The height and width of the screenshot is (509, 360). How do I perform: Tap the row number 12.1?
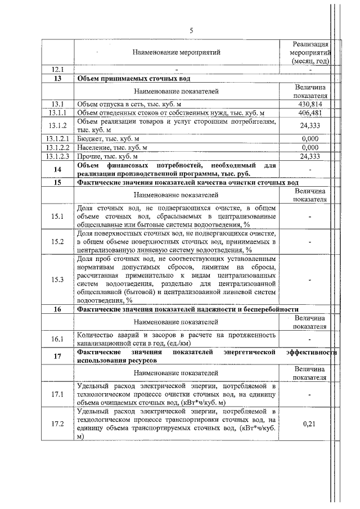pos(57,70)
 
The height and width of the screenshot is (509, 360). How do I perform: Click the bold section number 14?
pos(57,169)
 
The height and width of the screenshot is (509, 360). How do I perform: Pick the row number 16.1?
pos(57,339)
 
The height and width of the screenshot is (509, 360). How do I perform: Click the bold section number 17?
pos(57,355)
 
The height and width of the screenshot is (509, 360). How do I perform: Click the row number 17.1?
pos(57,394)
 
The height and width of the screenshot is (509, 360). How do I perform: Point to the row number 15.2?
pos(57,241)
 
